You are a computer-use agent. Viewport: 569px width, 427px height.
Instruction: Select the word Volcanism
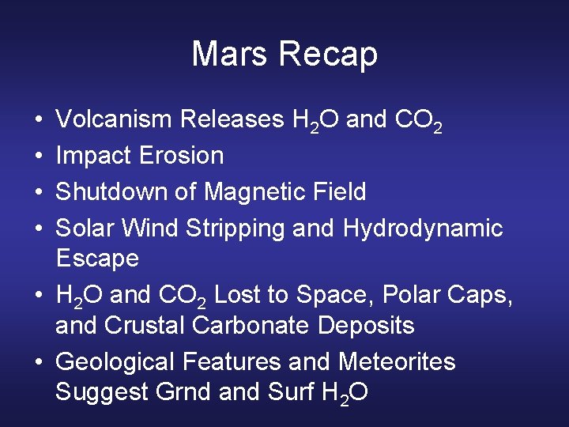point(115,119)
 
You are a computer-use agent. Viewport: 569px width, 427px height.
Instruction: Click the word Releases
point(232,119)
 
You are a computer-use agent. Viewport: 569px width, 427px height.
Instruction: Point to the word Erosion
point(182,156)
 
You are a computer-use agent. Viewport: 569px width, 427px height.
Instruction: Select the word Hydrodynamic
point(423,229)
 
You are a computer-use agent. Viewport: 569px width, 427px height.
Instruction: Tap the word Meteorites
point(397,362)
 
